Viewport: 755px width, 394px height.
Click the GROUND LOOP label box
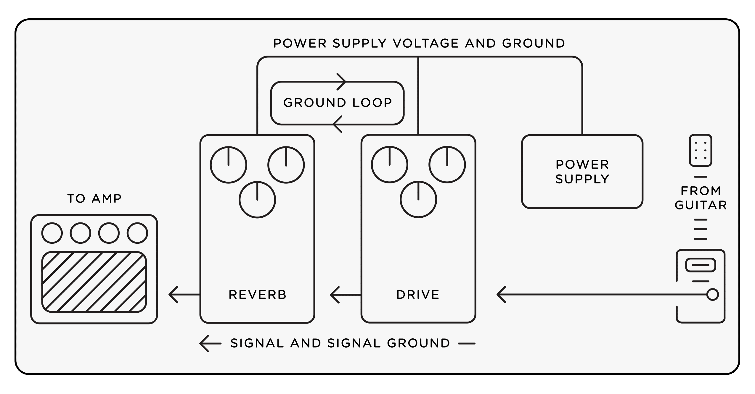pyautogui.click(x=337, y=103)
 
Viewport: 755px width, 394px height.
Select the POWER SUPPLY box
pyautogui.click(x=582, y=172)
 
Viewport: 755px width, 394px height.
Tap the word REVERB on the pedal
pyautogui.click(x=257, y=295)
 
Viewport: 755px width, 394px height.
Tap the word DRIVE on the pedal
pyautogui.click(x=418, y=295)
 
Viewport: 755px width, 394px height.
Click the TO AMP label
pyautogui.click(x=94, y=198)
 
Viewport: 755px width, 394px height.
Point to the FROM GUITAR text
pyautogui.click(x=701, y=198)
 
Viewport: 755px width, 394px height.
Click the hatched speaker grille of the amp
pyautogui.click(x=94, y=281)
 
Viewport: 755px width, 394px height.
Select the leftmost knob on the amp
pyautogui.click(x=52, y=233)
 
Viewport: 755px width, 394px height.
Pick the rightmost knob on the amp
pyautogui.click(x=137, y=233)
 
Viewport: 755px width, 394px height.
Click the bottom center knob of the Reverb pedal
pyautogui.click(x=257, y=200)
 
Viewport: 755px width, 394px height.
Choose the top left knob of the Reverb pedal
pyautogui.click(x=228, y=165)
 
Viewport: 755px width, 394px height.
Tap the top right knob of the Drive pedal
pyautogui.click(x=447, y=165)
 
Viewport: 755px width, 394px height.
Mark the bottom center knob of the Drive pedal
pyautogui.click(x=418, y=200)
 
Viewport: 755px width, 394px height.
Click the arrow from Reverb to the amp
pyautogui.click(x=184, y=295)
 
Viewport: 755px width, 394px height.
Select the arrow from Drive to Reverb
pyautogui.click(x=345, y=295)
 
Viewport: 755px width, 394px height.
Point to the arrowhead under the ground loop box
pyautogui.click(x=338, y=124)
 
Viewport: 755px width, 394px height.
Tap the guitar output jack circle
pyautogui.click(x=713, y=295)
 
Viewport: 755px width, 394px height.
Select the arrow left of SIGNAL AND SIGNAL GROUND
pyautogui.click(x=210, y=343)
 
